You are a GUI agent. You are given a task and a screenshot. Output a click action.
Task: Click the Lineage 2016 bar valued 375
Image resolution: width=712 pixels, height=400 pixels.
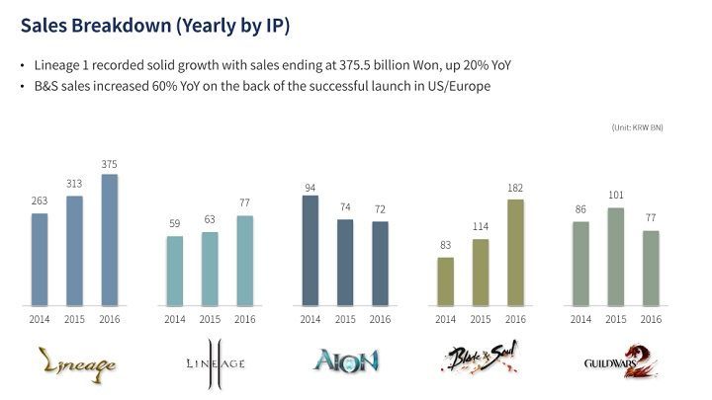[x=109, y=239]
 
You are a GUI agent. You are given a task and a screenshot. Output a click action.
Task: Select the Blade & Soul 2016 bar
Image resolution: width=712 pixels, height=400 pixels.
[x=515, y=252]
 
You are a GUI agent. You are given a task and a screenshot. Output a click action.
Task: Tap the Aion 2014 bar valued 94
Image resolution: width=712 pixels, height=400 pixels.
[x=310, y=250]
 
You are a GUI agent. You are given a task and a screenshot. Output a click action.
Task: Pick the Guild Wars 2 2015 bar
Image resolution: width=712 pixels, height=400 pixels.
[x=615, y=256]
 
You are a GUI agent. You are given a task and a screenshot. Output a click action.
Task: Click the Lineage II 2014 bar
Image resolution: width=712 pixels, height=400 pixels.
[x=174, y=270]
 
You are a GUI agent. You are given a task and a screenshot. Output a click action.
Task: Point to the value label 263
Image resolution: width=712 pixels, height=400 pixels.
[x=39, y=200]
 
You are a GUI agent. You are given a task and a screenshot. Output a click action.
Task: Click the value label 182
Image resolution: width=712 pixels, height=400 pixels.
[x=515, y=187]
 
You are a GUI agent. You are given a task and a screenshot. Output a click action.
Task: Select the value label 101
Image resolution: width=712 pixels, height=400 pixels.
[x=615, y=195]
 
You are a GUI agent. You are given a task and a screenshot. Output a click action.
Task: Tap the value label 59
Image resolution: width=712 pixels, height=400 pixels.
[x=174, y=223]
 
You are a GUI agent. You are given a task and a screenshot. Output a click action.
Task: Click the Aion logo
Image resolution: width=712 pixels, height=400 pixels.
[x=345, y=360]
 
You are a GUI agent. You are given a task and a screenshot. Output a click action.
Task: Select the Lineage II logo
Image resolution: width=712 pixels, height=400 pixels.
[x=210, y=360]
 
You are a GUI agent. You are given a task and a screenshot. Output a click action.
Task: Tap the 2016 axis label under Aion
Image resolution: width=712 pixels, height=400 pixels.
[x=380, y=318]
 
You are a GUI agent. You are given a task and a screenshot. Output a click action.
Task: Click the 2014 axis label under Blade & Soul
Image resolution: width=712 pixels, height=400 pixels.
[x=445, y=318]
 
